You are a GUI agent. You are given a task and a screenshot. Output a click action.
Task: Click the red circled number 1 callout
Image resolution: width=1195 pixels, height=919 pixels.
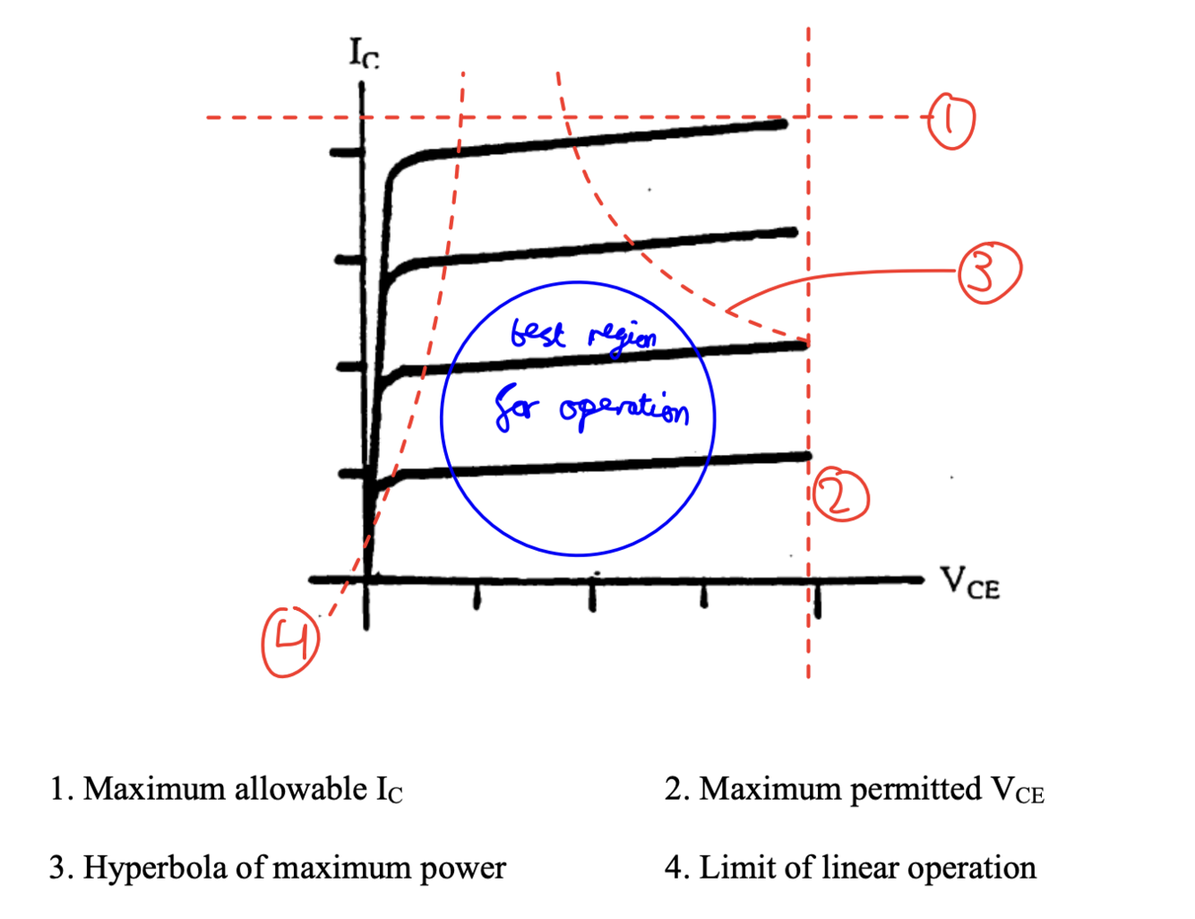(950, 120)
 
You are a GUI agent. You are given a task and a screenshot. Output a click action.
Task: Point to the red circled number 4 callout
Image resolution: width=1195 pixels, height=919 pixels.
(289, 641)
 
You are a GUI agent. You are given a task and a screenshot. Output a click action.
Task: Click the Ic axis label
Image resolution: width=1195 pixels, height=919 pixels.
(364, 54)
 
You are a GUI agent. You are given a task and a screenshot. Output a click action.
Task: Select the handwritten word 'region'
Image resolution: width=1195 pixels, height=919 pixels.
(623, 338)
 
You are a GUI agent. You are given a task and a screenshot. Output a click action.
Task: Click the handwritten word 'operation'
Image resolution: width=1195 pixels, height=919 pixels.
(624, 410)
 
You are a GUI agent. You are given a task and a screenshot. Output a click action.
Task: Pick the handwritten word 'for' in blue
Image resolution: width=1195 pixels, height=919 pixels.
(518, 410)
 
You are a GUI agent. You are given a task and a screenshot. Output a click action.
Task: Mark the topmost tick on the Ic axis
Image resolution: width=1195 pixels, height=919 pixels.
(345, 153)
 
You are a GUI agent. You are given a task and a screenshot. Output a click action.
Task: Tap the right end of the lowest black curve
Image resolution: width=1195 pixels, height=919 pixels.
(806, 457)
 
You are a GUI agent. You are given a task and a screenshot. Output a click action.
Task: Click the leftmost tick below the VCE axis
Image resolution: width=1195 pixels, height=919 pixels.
(477, 597)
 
